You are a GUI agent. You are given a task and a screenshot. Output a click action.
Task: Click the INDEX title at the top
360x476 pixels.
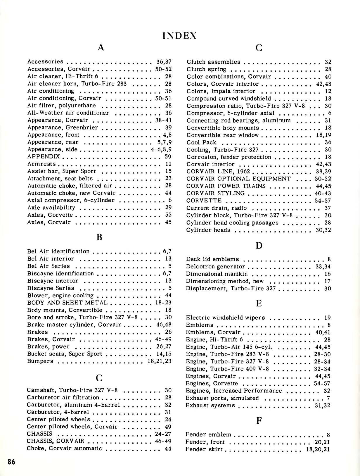pos(180,36)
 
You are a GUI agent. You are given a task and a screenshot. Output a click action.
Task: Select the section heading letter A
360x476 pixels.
pos(101,47)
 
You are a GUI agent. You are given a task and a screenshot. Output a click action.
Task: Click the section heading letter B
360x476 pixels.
pos(99,237)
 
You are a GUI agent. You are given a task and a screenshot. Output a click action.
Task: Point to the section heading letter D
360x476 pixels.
pos(259,246)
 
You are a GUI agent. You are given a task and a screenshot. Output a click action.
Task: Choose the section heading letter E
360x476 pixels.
pos(259,303)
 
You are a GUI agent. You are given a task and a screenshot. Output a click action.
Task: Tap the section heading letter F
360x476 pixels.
pos(259,421)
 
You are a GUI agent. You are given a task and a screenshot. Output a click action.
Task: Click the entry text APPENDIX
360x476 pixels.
pos(44,157)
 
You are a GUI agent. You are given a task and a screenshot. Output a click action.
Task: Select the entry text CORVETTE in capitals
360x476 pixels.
pos(204,201)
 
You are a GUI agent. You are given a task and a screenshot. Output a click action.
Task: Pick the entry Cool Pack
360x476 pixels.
pos(201,142)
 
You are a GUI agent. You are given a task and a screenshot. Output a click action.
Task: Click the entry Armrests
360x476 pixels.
pos(41,164)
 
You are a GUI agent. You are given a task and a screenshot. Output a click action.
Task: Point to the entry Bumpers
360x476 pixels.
pos(40,361)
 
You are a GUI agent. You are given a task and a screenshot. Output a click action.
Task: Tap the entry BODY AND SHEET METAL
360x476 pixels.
pos(67,303)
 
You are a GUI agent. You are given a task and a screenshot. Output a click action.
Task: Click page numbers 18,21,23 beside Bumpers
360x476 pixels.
pos(160,361)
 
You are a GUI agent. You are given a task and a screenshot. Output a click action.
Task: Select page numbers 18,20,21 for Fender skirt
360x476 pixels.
pos(318,449)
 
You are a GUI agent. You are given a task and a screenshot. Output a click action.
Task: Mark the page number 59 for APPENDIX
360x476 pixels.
pos(168,157)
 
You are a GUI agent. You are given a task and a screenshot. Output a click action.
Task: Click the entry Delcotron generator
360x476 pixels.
pos(216,267)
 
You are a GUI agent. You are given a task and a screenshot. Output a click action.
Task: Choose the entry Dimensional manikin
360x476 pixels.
pos(217,274)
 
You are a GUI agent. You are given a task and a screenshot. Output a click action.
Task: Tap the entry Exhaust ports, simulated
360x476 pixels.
pos(222,398)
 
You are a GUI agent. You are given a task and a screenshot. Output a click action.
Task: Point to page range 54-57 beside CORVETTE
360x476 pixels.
pos(323,201)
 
